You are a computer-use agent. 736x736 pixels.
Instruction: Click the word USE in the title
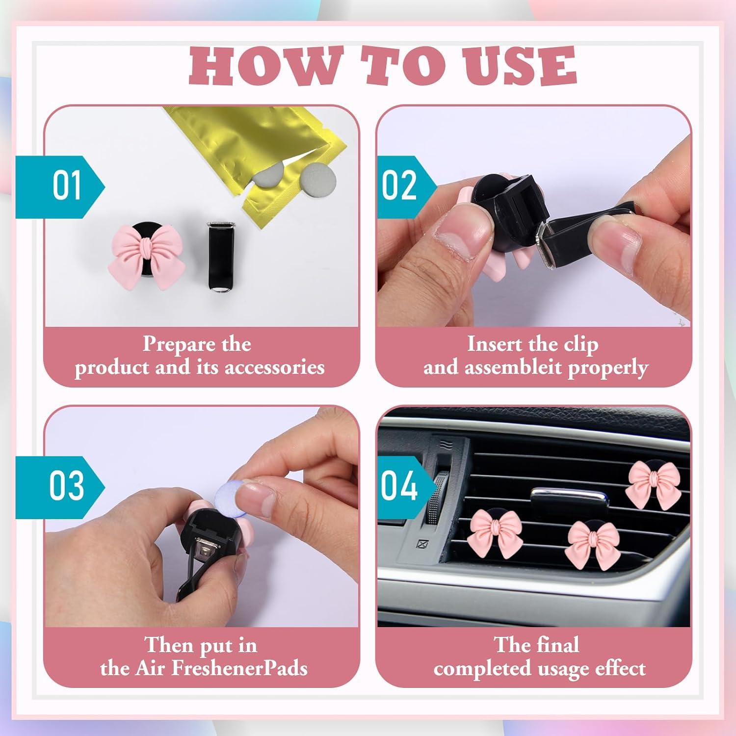[520, 66]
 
